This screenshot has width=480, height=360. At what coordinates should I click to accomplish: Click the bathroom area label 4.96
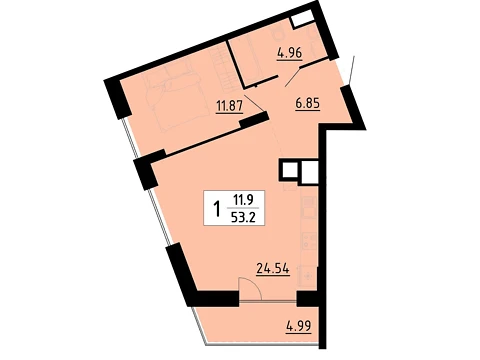point(290,53)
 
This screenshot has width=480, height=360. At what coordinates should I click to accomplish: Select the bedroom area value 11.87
point(229,106)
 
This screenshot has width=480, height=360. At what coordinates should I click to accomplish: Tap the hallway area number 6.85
point(307,103)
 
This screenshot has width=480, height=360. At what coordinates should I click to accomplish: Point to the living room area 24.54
point(272,268)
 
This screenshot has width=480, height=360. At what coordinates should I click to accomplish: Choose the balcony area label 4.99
point(299,325)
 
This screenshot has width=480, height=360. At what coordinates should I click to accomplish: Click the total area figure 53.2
point(243,217)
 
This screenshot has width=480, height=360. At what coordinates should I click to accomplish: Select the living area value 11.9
point(243,200)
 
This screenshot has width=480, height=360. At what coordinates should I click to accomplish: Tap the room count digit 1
point(217,208)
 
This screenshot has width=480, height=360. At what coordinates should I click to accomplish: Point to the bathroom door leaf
point(292,77)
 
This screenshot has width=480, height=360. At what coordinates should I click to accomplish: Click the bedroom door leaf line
point(255,102)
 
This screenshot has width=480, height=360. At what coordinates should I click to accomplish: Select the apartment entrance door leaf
point(351,70)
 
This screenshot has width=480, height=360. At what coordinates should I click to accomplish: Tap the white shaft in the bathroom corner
point(303,18)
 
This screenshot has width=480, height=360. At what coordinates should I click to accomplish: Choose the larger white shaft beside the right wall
point(310,172)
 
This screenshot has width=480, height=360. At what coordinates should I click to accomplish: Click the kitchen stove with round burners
point(308,241)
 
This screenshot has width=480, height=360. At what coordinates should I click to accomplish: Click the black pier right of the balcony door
point(308,298)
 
